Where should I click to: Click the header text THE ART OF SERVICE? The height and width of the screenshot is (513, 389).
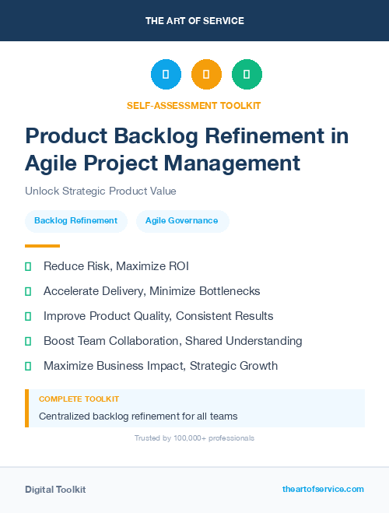pos(194,20)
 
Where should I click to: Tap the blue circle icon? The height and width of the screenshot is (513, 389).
pos(166,74)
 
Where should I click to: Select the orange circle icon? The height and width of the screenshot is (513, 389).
pos(206,74)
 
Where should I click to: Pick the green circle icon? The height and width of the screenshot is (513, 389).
pos(247,74)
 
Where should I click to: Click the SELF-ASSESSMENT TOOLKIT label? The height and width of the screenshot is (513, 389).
pos(194,105)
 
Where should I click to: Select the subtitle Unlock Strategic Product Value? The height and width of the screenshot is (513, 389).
pos(100,191)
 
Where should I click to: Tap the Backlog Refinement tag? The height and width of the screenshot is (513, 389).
pos(75,221)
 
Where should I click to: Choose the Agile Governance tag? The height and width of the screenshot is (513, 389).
pos(182,221)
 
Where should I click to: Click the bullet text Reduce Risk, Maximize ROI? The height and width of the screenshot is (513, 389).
pos(116,266)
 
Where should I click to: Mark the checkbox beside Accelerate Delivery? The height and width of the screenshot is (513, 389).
pos(28,291)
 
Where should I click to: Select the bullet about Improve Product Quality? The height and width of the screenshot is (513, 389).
pos(158,316)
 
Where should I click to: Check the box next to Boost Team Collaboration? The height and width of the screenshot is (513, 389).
pos(28,341)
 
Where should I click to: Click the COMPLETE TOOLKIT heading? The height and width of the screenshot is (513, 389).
pos(79,399)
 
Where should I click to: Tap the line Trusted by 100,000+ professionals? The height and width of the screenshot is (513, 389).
pos(194,438)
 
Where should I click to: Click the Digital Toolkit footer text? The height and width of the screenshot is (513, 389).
pos(55,489)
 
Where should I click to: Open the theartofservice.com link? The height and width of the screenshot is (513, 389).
pos(323,489)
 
